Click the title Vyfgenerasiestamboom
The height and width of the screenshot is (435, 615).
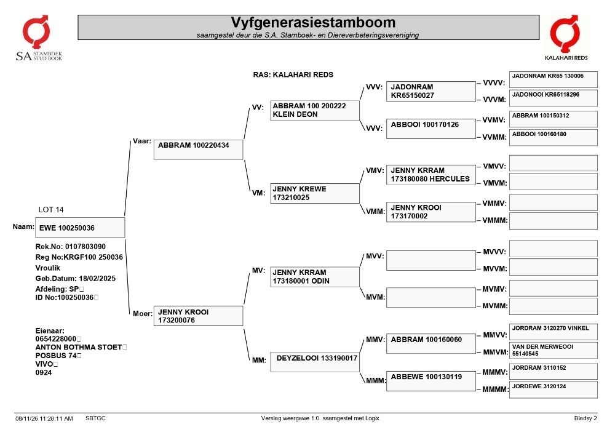(x=313, y=22)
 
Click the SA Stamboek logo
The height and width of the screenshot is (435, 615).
(x=38, y=38)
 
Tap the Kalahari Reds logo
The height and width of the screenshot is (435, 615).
(x=566, y=38)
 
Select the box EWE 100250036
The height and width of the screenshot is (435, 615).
(x=80, y=228)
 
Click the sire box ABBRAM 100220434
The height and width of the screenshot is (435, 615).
(x=199, y=150)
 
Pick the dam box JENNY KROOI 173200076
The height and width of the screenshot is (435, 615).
(x=199, y=316)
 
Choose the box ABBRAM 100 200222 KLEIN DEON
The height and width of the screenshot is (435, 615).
(x=314, y=110)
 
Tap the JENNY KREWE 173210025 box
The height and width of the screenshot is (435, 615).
(x=314, y=193)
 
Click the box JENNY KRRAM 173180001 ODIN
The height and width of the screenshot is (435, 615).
(x=314, y=277)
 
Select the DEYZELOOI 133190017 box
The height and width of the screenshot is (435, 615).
(x=314, y=362)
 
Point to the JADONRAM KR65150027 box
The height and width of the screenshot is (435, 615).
(x=431, y=92)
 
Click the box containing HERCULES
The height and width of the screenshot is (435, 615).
(x=431, y=175)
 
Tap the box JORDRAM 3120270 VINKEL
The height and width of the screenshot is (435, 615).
(x=553, y=332)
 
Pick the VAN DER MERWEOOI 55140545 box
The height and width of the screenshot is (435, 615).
(x=553, y=350)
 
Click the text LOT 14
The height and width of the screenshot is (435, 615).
(x=51, y=209)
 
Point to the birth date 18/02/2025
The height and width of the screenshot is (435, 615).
(x=97, y=279)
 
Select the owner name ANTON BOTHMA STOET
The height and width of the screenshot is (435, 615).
(x=79, y=347)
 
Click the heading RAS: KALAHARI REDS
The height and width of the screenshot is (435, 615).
(x=293, y=74)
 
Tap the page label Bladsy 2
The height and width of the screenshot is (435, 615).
(x=585, y=418)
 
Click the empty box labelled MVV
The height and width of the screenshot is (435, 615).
(x=431, y=260)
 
